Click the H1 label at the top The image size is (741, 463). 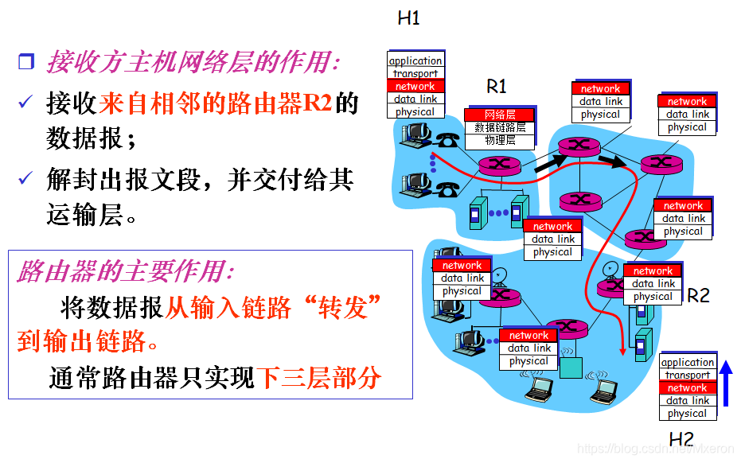coord(408,18)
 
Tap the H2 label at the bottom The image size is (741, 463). coord(681,438)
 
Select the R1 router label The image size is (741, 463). coord(497,86)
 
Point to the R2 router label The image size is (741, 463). coord(697,295)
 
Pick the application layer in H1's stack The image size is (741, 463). coord(415,60)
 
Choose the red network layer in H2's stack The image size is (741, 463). coord(687,387)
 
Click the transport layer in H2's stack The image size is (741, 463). coord(687,375)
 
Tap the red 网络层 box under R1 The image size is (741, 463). coord(500,115)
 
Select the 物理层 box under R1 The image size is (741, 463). coord(500,140)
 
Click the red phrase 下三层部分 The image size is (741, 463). coord(318,377)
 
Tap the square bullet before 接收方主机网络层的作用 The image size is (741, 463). coord(26,62)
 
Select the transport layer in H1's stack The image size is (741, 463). coord(415,73)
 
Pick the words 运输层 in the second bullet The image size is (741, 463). coord(86,213)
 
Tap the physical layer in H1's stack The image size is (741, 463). coord(415,111)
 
